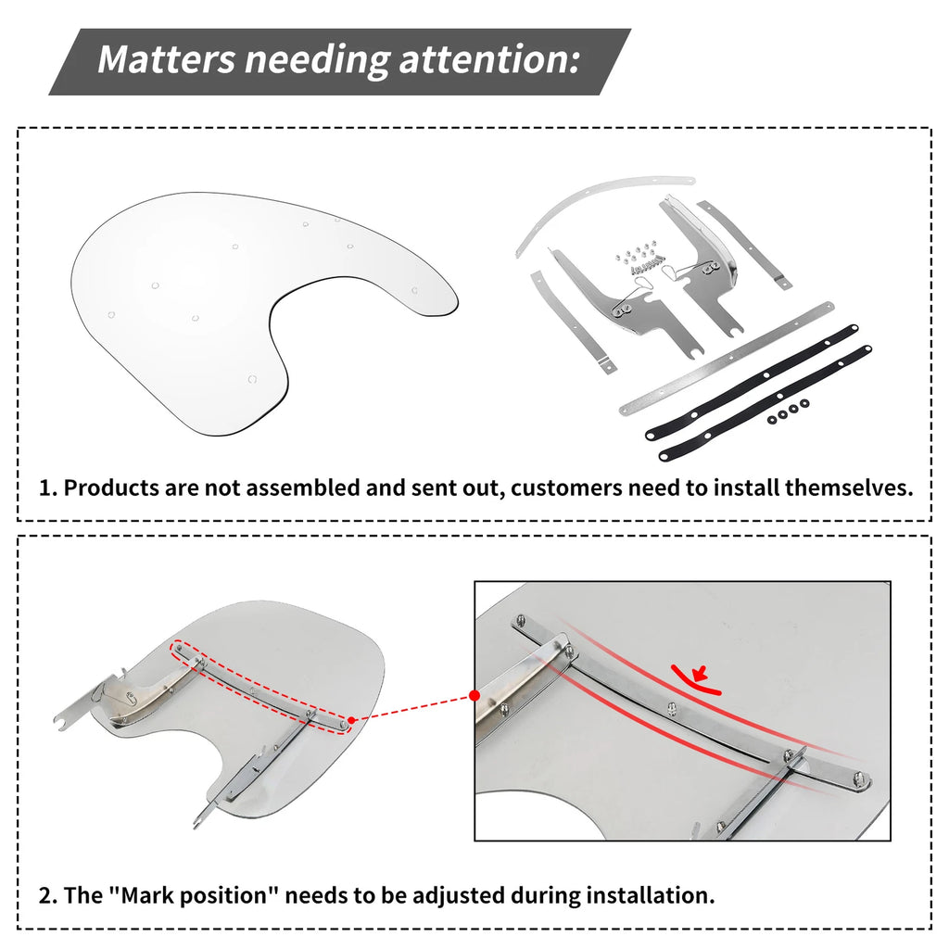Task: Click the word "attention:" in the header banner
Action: (488, 59)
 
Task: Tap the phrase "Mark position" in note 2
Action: (194, 895)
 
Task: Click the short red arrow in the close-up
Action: (702, 673)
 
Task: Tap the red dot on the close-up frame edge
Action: (474, 696)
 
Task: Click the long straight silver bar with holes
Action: (727, 359)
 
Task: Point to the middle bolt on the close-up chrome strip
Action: (672, 708)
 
